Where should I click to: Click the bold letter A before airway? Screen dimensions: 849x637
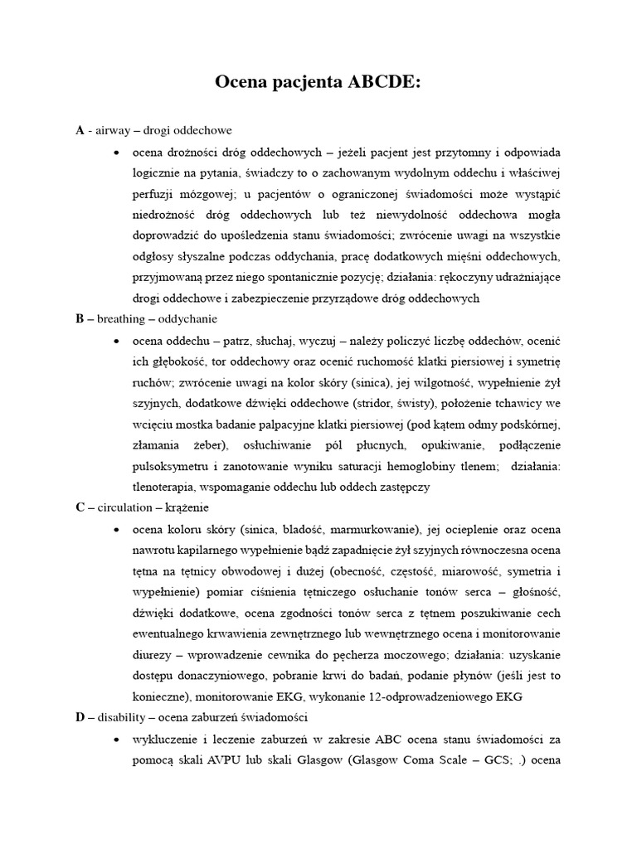pos(80,130)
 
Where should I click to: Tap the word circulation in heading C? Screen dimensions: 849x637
pos(124,507)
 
